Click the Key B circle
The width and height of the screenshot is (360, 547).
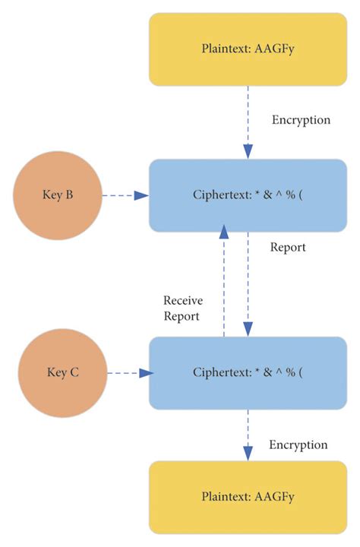58,195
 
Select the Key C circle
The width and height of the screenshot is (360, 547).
64,372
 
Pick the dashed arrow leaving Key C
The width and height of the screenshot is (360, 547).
130,373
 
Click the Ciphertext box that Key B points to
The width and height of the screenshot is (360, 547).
248,195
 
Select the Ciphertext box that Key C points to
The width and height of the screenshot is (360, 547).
248,373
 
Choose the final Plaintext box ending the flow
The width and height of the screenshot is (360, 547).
248,497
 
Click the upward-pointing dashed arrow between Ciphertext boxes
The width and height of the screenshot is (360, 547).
223,281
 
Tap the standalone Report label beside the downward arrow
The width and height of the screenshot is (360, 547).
288,248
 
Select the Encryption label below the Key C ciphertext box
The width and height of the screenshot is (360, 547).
298,444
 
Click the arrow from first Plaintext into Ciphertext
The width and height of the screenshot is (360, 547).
248,122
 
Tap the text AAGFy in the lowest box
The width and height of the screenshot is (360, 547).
272,497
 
